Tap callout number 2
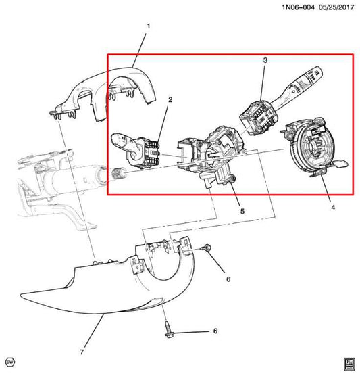coord(170,100)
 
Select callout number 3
coord(265,61)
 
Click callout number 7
coord(82,352)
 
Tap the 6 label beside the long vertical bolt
coord(215,331)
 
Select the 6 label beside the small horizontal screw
coord(228,279)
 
